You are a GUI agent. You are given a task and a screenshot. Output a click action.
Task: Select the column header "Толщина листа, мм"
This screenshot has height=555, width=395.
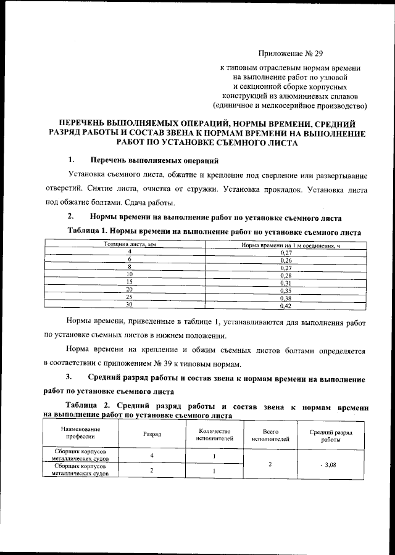(x=130, y=245)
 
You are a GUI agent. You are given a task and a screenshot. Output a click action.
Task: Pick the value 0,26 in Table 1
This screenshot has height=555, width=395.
(x=286, y=260)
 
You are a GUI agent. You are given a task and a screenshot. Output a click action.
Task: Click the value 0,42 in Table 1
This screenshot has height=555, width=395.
(x=286, y=305)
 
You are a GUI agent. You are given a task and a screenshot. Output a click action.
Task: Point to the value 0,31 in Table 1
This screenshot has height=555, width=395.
(x=286, y=283)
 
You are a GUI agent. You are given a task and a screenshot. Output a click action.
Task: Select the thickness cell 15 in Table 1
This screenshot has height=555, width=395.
(x=130, y=282)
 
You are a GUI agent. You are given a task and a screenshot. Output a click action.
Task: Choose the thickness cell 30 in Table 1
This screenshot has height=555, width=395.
(x=130, y=305)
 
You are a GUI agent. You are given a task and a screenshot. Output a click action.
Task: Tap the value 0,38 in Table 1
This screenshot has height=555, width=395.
(x=286, y=298)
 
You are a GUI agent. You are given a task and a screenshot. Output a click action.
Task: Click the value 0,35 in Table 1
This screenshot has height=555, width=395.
(x=286, y=290)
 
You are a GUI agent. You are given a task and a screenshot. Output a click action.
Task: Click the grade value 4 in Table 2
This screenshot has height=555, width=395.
(x=152, y=456)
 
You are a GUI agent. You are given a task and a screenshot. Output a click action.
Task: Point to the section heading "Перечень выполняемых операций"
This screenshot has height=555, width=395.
(x=154, y=161)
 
